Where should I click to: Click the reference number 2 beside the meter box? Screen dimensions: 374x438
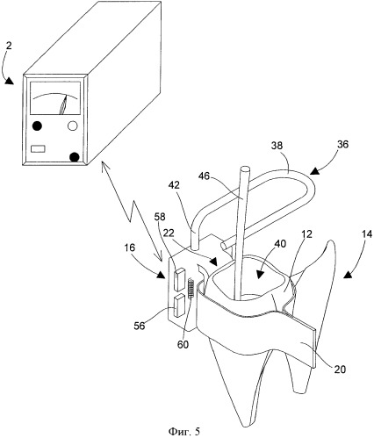(9, 46)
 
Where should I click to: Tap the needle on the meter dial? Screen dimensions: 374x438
(64, 104)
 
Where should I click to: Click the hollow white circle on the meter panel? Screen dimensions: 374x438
(73, 126)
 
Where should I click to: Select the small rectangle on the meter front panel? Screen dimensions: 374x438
(38, 148)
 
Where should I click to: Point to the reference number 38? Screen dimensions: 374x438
(277, 146)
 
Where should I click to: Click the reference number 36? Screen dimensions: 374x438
(342, 144)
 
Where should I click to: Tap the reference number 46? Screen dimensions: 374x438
(205, 176)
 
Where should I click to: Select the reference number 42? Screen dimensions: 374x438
(174, 185)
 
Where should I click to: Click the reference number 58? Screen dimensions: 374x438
(160, 217)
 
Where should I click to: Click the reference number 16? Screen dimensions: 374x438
(130, 248)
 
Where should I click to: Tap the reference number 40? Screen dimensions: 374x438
(280, 244)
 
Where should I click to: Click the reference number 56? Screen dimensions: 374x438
(140, 326)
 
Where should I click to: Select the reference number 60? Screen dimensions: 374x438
(183, 344)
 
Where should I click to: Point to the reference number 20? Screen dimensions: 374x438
(340, 370)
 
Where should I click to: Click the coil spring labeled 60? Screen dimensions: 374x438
(191, 288)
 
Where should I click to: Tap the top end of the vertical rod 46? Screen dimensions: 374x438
(245, 169)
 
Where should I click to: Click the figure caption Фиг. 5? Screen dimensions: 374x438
(184, 431)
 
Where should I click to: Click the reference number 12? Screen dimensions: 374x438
(307, 234)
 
